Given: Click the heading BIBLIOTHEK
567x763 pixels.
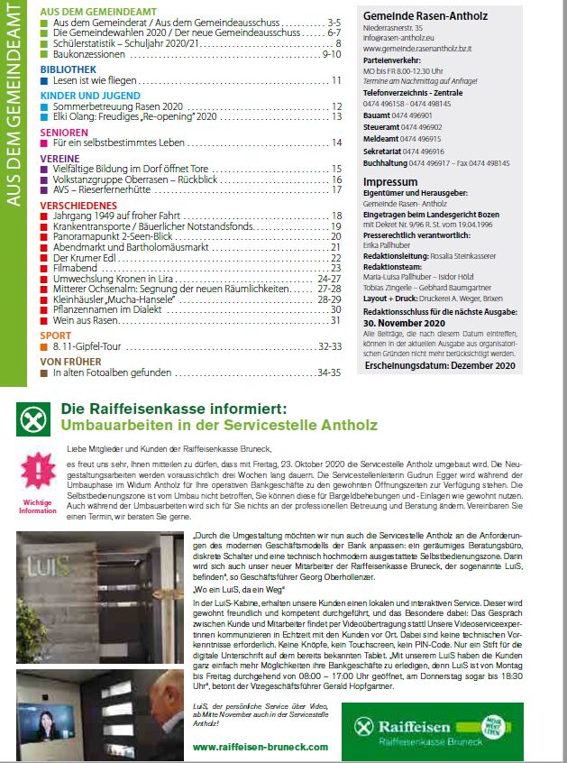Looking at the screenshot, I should click(x=67, y=69).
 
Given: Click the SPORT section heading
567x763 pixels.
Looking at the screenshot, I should click(x=56, y=334).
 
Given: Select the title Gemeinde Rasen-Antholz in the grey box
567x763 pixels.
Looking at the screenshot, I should click(x=417, y=16).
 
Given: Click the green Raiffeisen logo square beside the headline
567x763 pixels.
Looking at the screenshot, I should click(x=33, y=419).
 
